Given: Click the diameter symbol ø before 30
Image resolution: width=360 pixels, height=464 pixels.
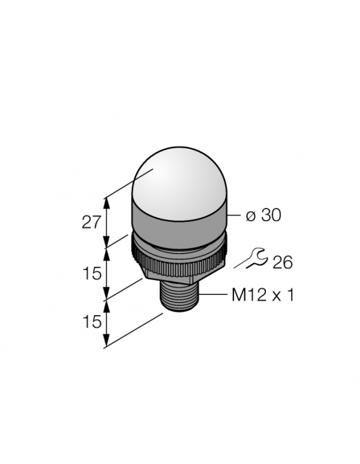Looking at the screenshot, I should (251, 217).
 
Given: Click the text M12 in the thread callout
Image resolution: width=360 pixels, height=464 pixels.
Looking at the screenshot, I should (247, 296).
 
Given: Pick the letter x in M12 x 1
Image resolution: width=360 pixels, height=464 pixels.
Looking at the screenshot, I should (275, 297).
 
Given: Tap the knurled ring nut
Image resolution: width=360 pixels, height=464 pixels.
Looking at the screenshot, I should (178, 257).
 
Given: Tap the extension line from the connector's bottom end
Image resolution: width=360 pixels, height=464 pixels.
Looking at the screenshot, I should (134, 331).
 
